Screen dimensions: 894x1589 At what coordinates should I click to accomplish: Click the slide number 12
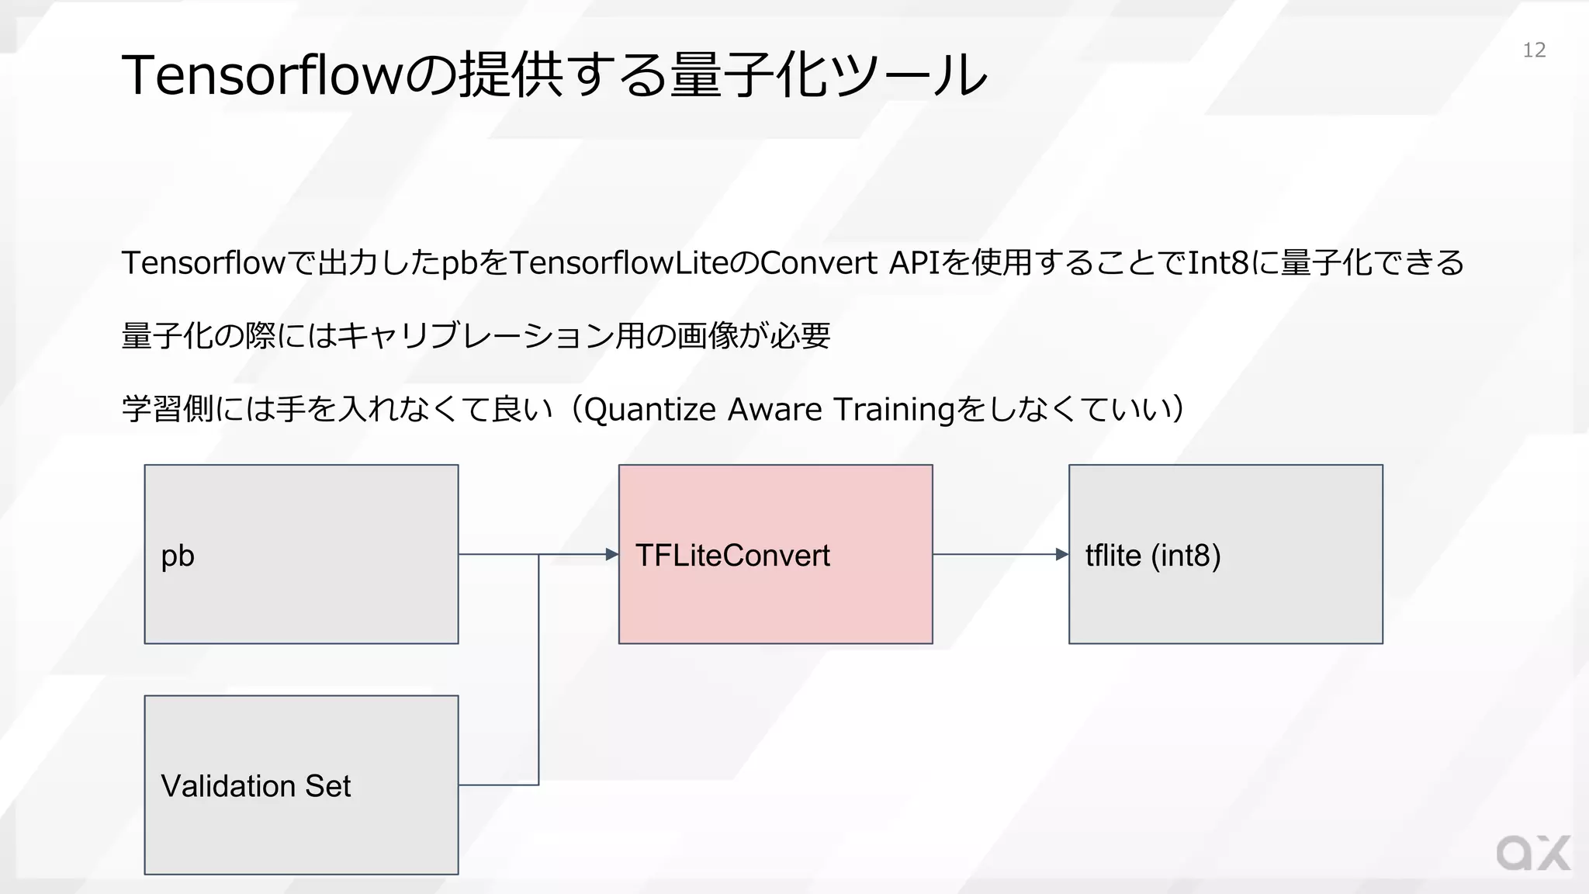tap(1534, 50)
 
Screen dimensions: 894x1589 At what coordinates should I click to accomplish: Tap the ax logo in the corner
tap(1533, 854)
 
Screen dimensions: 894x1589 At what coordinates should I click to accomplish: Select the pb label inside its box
tap(178, 556)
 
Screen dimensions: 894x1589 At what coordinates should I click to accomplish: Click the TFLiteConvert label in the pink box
tap(732, 556)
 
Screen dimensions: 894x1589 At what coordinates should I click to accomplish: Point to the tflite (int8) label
tap(1153, 556)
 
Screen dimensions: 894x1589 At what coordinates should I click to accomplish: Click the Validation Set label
tap(256, 786)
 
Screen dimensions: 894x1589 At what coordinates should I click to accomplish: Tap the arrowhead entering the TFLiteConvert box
tap(612, 554)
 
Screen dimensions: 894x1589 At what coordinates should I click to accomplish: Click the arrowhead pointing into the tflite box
tap(1062, 554)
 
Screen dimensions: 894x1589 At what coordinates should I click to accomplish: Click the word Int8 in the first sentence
tap(1218, 263)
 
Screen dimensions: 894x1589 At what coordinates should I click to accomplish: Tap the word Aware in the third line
tap(774, 410)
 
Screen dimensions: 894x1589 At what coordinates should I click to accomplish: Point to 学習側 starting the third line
tap(168, 410)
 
